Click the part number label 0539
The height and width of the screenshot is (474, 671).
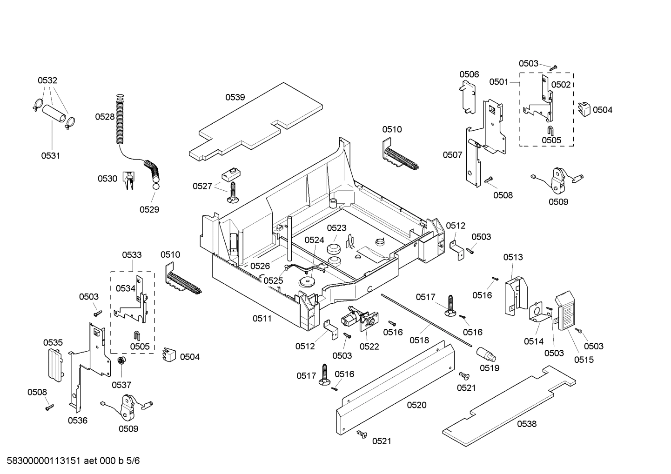coord(235,97)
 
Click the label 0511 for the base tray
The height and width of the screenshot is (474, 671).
coord(262,319)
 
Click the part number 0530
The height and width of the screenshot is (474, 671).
coord(107,179)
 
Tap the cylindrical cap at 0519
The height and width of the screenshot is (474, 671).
coord(486,355)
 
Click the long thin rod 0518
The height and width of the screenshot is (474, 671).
coord(428,321)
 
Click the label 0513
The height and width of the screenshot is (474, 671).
coord(513,257)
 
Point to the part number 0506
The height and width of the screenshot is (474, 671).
coord(469,74)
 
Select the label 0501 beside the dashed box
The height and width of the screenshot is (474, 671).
coord(498,82)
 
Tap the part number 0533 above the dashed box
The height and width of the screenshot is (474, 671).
coord(132,255)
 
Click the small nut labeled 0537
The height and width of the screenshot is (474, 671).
coord(121,361)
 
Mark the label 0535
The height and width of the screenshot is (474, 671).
coord(53,343)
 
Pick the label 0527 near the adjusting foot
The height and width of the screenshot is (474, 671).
coord(202,186)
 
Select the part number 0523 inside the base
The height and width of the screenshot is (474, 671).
coord(336,228)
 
